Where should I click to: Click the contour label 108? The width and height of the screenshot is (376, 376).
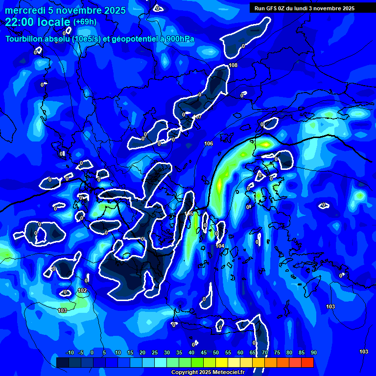(233, 65)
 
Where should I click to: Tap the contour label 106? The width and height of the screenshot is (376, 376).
(209, 143)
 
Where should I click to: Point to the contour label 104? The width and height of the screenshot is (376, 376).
(220, 246)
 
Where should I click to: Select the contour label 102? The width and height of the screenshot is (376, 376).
(82, 291)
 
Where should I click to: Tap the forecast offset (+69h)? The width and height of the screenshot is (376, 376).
(85, 22)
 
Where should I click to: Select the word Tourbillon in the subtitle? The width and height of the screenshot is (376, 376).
(24, 39)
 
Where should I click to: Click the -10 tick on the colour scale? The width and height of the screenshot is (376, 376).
(70, 353)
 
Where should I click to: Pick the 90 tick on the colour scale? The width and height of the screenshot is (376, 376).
(313, 353)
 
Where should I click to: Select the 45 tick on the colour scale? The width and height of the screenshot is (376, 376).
(203, 353)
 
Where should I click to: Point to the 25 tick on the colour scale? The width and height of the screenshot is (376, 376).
(154, 353)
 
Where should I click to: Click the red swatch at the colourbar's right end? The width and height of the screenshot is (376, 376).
(307, 362)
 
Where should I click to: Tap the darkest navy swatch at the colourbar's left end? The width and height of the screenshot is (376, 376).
(62, 362)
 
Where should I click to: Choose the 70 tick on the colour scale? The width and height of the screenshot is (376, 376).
(264, 353)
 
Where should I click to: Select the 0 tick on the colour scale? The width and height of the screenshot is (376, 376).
(92, 353)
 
